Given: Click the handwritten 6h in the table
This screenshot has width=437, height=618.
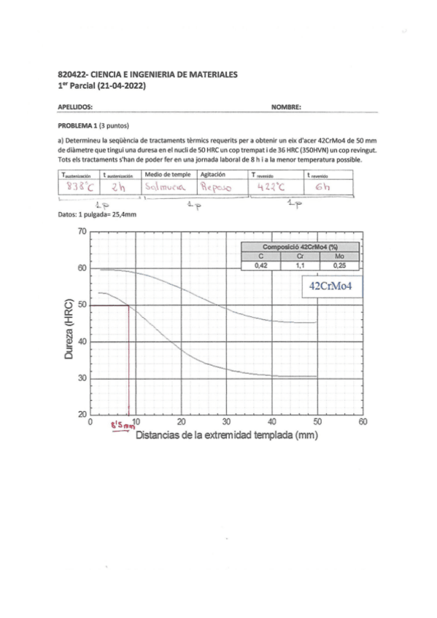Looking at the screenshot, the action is (x=322, y=187).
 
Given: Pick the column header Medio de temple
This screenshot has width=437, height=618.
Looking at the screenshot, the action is (x=169, y=174).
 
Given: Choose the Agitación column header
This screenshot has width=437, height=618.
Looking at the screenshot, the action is (x=213, y=174).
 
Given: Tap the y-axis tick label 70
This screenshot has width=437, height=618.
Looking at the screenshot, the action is (x=82, y=232).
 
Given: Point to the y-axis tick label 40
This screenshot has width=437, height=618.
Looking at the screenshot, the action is (x=82, y=342).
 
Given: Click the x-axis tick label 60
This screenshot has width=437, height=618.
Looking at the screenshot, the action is (x=363, y=422).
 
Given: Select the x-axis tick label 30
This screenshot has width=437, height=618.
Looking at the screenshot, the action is (x=226, y=422).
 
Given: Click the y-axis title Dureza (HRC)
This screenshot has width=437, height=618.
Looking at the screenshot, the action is (x=69, y=324).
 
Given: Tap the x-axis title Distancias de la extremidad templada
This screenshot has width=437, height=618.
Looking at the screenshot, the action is (x=226, y=435).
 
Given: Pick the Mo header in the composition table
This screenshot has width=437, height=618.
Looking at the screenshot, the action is (x=339, y=257).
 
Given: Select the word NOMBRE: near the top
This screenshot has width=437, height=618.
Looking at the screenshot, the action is (x=286, y=106).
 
